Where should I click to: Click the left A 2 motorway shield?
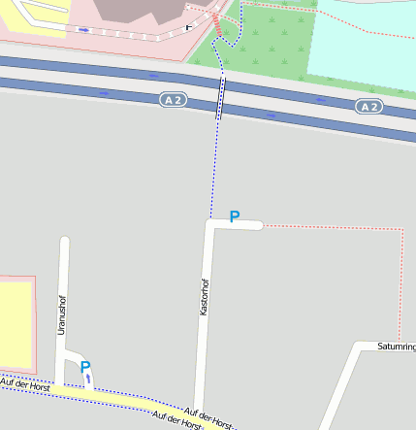[174, 100]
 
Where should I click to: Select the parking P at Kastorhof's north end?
[234, 216]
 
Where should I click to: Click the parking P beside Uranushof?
[85, 367]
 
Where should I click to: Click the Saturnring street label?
[396, 347]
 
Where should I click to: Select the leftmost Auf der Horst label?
[25, 384]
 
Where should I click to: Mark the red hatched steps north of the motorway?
[216, 27]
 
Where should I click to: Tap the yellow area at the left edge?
[14, 325]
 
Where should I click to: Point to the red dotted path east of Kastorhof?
[400, 281]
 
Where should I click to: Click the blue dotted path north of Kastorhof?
[213, 165]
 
